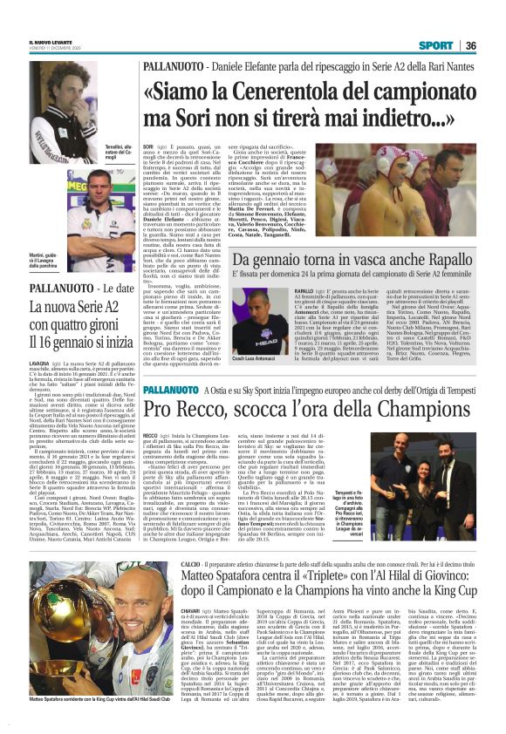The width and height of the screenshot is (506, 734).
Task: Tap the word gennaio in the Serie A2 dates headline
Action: tap(92, 340)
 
